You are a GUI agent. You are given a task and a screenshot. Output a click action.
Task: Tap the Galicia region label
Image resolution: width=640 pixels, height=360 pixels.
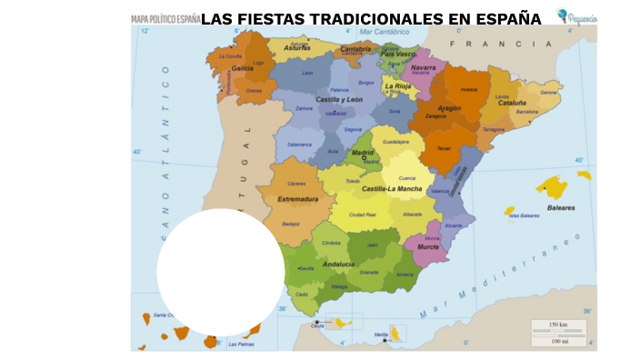pos(243,68)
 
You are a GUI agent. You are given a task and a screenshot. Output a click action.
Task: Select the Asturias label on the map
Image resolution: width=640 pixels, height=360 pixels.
pos(297,47)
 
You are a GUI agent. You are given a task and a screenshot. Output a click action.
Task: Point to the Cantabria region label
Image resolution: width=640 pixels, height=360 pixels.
pos(355,49)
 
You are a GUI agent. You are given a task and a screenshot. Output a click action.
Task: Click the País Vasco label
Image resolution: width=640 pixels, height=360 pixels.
pos(397,55)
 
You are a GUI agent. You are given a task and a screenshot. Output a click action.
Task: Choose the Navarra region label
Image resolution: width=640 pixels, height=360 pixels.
pos(423,67)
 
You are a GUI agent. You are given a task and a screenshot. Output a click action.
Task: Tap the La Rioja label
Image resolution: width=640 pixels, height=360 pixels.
pos(398,87)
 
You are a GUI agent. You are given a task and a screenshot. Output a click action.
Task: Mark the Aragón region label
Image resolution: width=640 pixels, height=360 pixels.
pos(449,107)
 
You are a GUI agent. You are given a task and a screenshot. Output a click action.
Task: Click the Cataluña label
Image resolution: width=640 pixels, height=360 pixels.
pos(512,103)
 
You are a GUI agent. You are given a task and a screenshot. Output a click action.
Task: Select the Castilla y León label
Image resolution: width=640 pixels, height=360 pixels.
pos(339,99)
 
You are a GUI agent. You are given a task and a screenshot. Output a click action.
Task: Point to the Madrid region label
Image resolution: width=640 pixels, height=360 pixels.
pos(363,153)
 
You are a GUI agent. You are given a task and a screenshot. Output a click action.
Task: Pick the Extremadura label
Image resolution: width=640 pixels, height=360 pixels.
pos(299,198)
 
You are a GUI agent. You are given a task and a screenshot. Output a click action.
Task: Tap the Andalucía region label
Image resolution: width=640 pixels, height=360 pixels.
pos(338,265)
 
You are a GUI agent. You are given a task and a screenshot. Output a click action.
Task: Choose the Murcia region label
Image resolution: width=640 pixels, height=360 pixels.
pos(428,246)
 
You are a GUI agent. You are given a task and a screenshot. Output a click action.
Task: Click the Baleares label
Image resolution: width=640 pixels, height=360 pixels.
pos(561,207)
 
